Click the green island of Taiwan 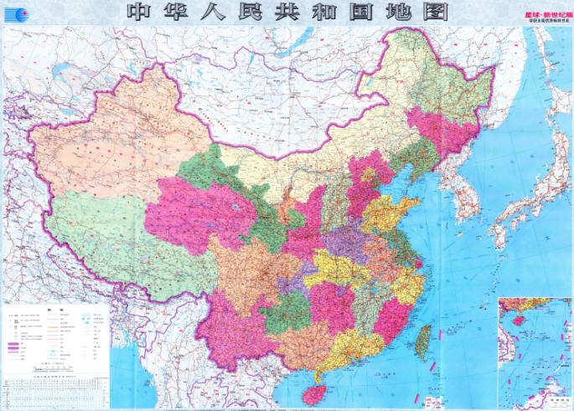tap(424, 337)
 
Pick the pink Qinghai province tap(197, 213)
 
